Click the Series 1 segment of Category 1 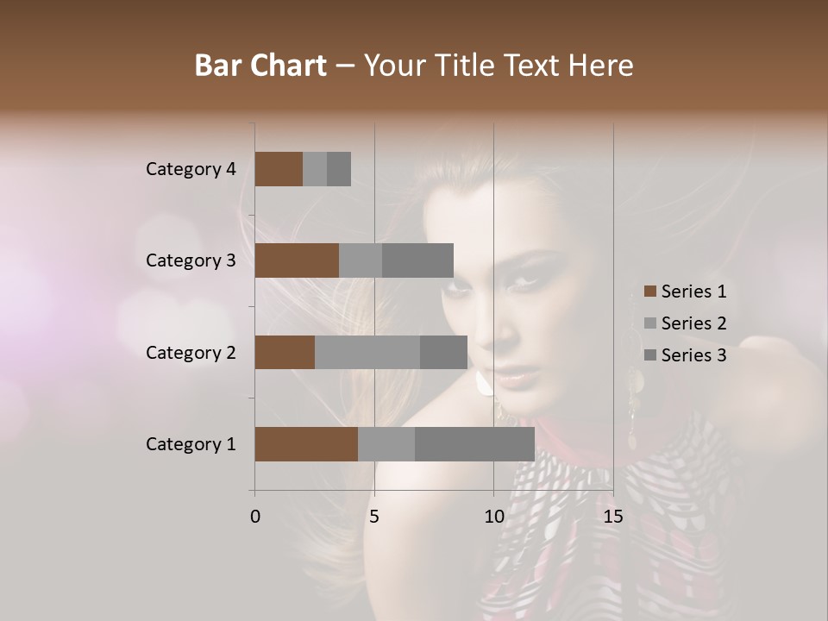pyautogui.click(x=306, y=444)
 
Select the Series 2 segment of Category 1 pyautogui.click(x=386, y=444)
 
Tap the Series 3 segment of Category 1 pyautogui.click(x=474, y=444)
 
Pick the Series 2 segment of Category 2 pyautogui.click(x=367, y=352)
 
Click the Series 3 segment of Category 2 pyautogui.click(x=443, y=352)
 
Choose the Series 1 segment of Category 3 pyautogui.click(x=297, y=260)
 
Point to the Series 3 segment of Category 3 pyautogui.click(x=417, y=260)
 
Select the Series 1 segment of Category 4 pyautogui.click(x=279, y=169)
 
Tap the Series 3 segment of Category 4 pyautogui.click(x=339, y=169)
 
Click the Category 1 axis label pyautogui.click(x=190, y=444)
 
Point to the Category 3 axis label pyautogui.click(x=190, y=260)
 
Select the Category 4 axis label pyautogui.click(x=190, y=169)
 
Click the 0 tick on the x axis pyautogui.click(x=255, y=517)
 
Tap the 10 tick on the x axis pyautogui.click(x=493, y=517)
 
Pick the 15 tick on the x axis pyautogui.click(x=612, y=517)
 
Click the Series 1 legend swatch pyautogui.click(x=650, y=292)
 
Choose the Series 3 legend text pyautogui.click(x=693, y=355)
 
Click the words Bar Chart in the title pyautogui.click(x=260, y=66)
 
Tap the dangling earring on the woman pyautogui.click(x=634, y=405)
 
